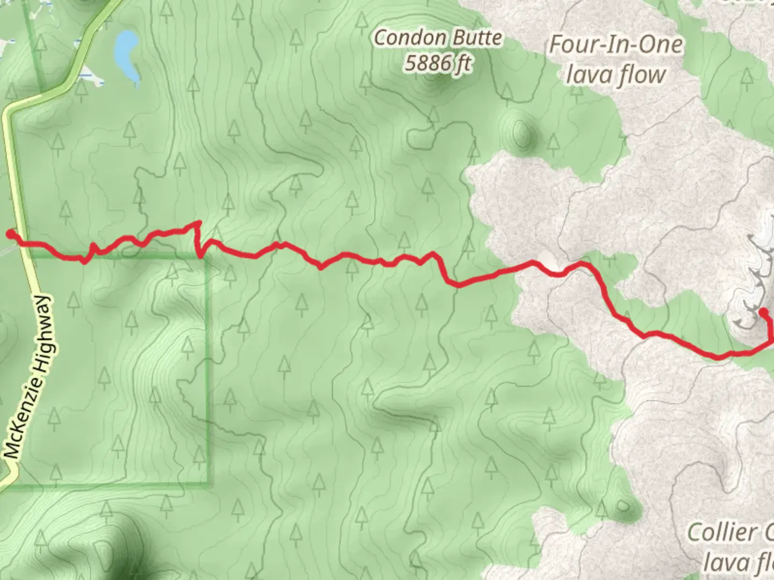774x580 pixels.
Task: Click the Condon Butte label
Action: (x=438, y=38)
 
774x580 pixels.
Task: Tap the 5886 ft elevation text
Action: (x=438, y=63)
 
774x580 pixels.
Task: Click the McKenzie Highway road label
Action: (x=30, y=376)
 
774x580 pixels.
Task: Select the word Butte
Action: (x=476, y=38)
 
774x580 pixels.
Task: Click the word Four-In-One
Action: (x=615, y=45)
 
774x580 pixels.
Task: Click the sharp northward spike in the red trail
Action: (x=198, y=222)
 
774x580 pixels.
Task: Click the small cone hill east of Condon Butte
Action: (x=520, y=130)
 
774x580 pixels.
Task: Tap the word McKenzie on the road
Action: (x=19, y=424)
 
